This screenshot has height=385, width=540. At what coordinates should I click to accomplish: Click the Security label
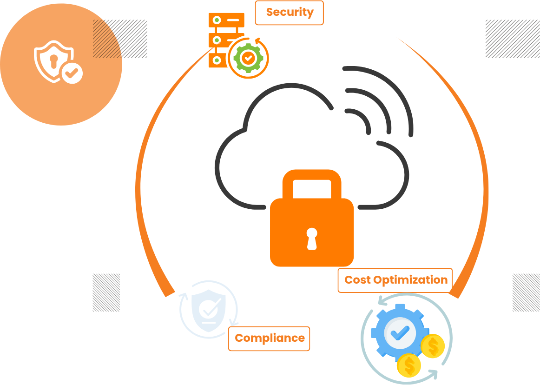290,13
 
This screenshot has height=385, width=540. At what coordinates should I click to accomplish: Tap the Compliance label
270,339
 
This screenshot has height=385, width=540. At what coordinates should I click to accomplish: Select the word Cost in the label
358,280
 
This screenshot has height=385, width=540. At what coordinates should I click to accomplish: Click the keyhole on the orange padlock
312,238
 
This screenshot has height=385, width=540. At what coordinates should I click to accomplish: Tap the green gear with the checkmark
248,58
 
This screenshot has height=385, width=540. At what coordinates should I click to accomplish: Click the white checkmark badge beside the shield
72,73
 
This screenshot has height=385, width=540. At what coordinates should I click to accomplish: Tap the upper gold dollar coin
433,346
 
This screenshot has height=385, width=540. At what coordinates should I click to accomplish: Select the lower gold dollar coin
409,365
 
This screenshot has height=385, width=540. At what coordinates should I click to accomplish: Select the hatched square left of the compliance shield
106,292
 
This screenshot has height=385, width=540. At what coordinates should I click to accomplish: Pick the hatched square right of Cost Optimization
526,292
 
